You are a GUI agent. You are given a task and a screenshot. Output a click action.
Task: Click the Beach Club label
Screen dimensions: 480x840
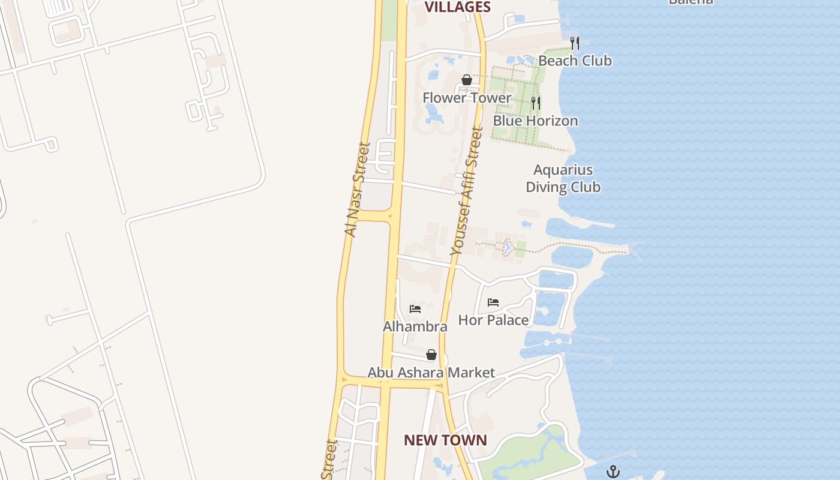pos(575,61)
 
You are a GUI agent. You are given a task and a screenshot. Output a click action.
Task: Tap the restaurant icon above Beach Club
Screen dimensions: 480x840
pos(575,43)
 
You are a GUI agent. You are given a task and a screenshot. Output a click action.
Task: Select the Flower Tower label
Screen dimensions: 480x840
pos(467,97)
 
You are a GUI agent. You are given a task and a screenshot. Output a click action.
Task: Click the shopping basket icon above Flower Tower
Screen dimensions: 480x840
pos(467,80)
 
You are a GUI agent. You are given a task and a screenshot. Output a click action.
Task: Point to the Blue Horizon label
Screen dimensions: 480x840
pos(535,121)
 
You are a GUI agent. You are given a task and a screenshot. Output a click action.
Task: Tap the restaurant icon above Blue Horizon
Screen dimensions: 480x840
pos(536,103)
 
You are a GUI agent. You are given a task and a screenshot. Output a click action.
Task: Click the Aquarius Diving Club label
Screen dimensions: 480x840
pos(563,178)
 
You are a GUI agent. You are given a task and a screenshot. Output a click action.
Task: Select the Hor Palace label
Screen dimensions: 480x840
pos(493,320)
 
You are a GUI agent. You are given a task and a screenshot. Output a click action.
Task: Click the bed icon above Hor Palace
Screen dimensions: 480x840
pos(493,302)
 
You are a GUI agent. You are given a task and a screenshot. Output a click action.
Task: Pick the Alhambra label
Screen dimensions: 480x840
pos(415,326)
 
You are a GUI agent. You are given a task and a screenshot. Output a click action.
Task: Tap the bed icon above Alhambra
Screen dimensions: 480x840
pos(415,309)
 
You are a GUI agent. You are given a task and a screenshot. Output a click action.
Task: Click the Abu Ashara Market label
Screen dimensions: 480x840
pos(431,373)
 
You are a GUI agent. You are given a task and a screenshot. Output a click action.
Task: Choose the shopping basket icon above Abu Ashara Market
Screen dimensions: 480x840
pos(431,355)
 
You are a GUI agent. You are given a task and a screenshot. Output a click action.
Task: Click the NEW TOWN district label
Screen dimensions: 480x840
pos(445,440)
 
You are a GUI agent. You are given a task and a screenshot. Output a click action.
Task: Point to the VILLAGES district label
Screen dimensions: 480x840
pos(458,7)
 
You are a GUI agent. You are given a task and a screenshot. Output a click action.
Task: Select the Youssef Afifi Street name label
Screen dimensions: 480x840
pos(466,192)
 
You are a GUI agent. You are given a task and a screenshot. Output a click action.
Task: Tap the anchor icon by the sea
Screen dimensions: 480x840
pos(613,471)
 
